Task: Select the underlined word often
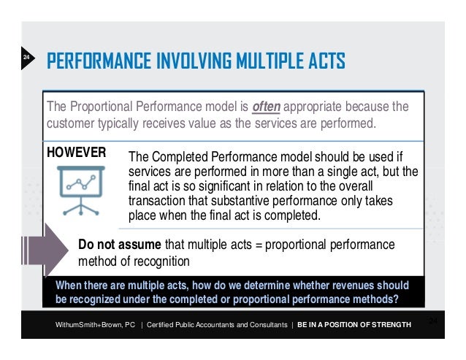(x=266, y=107)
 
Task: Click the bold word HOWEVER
(x=77, y=153)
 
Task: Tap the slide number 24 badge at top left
(x=25, y=57)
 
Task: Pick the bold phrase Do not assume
(x=121, y=244)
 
